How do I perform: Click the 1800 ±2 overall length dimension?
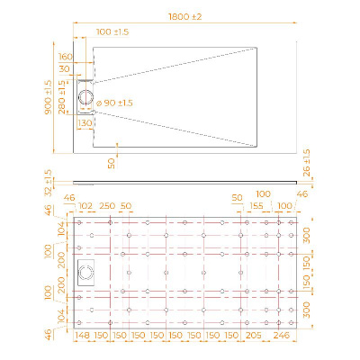pyautogui.click(x=184, y=16)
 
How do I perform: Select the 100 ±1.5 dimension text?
pyautogui.click(x=112, y=31)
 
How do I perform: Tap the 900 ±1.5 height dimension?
pyautogui.click(x=48, y=97)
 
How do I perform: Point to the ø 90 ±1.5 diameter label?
pyautogui.click(x=114, y=103)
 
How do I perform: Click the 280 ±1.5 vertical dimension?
pyautogui.click(x=62, y=97)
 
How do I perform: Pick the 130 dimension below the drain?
pyautogui.click(x=85, y=122)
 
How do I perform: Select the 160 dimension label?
pyautogui.click(x=66, y=57)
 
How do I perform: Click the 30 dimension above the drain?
pyautogui.click(x=64, y=68)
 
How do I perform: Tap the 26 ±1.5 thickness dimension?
pyautogui.click(x=307, y=163)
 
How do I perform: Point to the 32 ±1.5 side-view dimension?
pyautogui.click(x=48, y=183)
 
